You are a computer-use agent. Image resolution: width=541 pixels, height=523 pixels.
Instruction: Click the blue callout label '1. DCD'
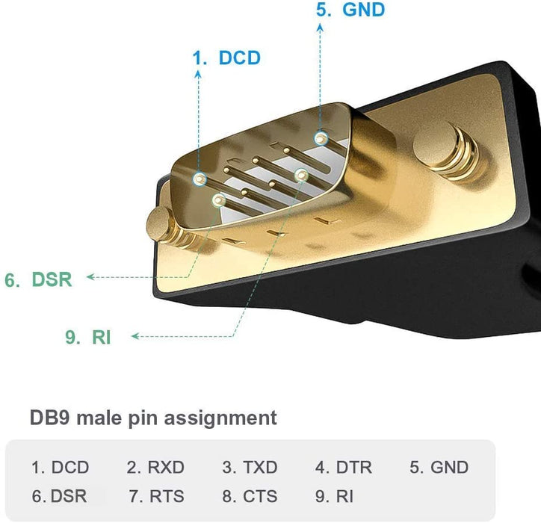(x=226, y=58)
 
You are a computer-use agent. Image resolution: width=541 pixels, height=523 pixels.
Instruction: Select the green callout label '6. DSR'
(x=38, y=280)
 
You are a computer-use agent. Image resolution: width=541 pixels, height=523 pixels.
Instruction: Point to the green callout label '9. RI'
(x=87, y=338)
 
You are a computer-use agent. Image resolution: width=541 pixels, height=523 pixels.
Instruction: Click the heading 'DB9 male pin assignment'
(x=152, y=417)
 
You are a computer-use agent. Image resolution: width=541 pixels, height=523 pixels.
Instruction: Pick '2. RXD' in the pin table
(x=155, y=468)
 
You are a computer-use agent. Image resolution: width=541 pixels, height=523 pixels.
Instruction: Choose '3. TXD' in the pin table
(x=250, y=468)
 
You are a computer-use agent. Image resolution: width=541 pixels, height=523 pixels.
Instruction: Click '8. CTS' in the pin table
(x=250, y=495)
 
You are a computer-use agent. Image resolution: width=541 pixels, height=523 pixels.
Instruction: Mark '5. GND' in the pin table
(x=439, y=468)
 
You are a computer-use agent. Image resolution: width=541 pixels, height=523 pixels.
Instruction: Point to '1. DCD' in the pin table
(x=60, y=468)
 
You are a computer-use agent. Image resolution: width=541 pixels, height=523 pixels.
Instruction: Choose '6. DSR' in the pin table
(x=59, y=495)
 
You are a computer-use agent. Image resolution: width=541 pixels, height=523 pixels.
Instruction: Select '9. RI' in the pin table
(x=334, y=495)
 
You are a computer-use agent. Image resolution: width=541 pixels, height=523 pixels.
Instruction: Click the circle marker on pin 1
(x=200, y=179)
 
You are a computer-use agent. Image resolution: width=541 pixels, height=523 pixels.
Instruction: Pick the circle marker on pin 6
(x=219, y=200)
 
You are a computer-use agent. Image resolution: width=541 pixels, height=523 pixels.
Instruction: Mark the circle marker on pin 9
(x=302, y=175)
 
